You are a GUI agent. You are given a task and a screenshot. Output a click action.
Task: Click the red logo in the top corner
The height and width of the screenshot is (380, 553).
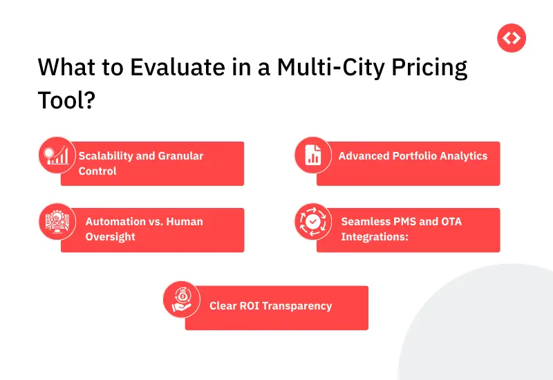(512, 38)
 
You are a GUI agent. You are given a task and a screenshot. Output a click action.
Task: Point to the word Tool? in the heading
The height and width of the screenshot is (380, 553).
(66, 100)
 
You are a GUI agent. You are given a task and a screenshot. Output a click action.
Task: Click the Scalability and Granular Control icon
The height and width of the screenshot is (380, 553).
(57, 155)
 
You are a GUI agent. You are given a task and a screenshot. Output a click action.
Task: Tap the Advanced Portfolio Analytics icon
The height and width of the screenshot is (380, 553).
(312, 155)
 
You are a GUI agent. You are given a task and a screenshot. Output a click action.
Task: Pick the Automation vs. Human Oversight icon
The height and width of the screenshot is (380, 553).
(57, 222)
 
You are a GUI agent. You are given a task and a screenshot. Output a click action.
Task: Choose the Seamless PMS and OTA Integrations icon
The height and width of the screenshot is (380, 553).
(312, 222)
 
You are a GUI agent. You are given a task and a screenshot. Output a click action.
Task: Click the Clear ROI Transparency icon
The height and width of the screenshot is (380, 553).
(181, 299)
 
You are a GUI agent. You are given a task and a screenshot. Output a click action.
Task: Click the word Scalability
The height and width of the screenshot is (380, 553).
(107, 156)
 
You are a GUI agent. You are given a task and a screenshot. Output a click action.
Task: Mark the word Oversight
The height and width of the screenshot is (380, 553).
(111, 237)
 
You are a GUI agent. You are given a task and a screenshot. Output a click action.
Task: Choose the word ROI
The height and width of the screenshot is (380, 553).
(250, 306)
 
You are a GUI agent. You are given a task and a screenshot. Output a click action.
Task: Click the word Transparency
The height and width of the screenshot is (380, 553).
(299, 306)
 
